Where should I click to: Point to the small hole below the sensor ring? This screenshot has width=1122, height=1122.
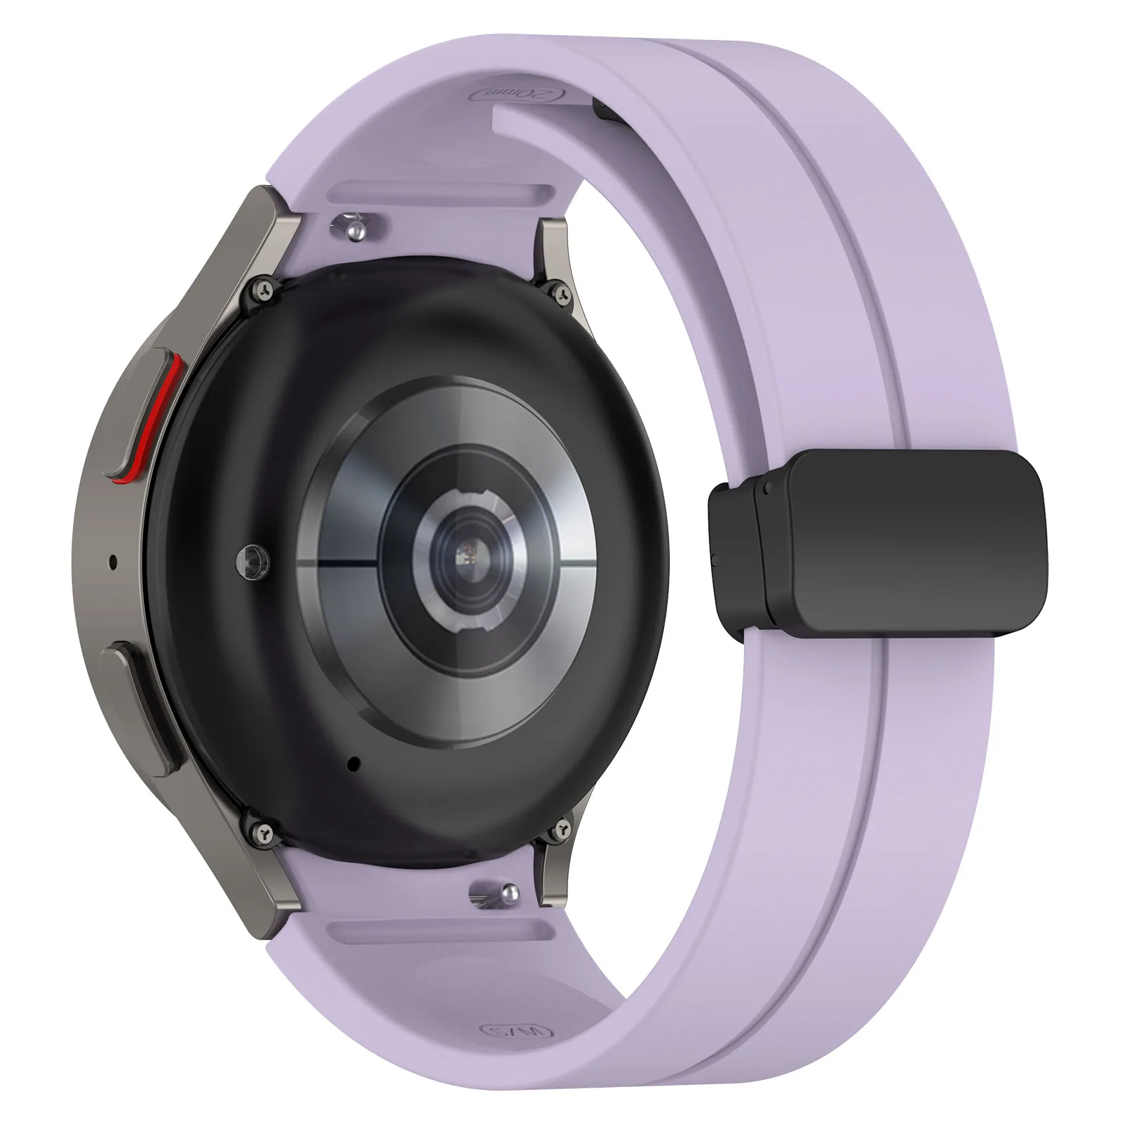(x=353, y=762)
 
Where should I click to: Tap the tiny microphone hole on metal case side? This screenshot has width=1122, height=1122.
(x=114, y=560)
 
